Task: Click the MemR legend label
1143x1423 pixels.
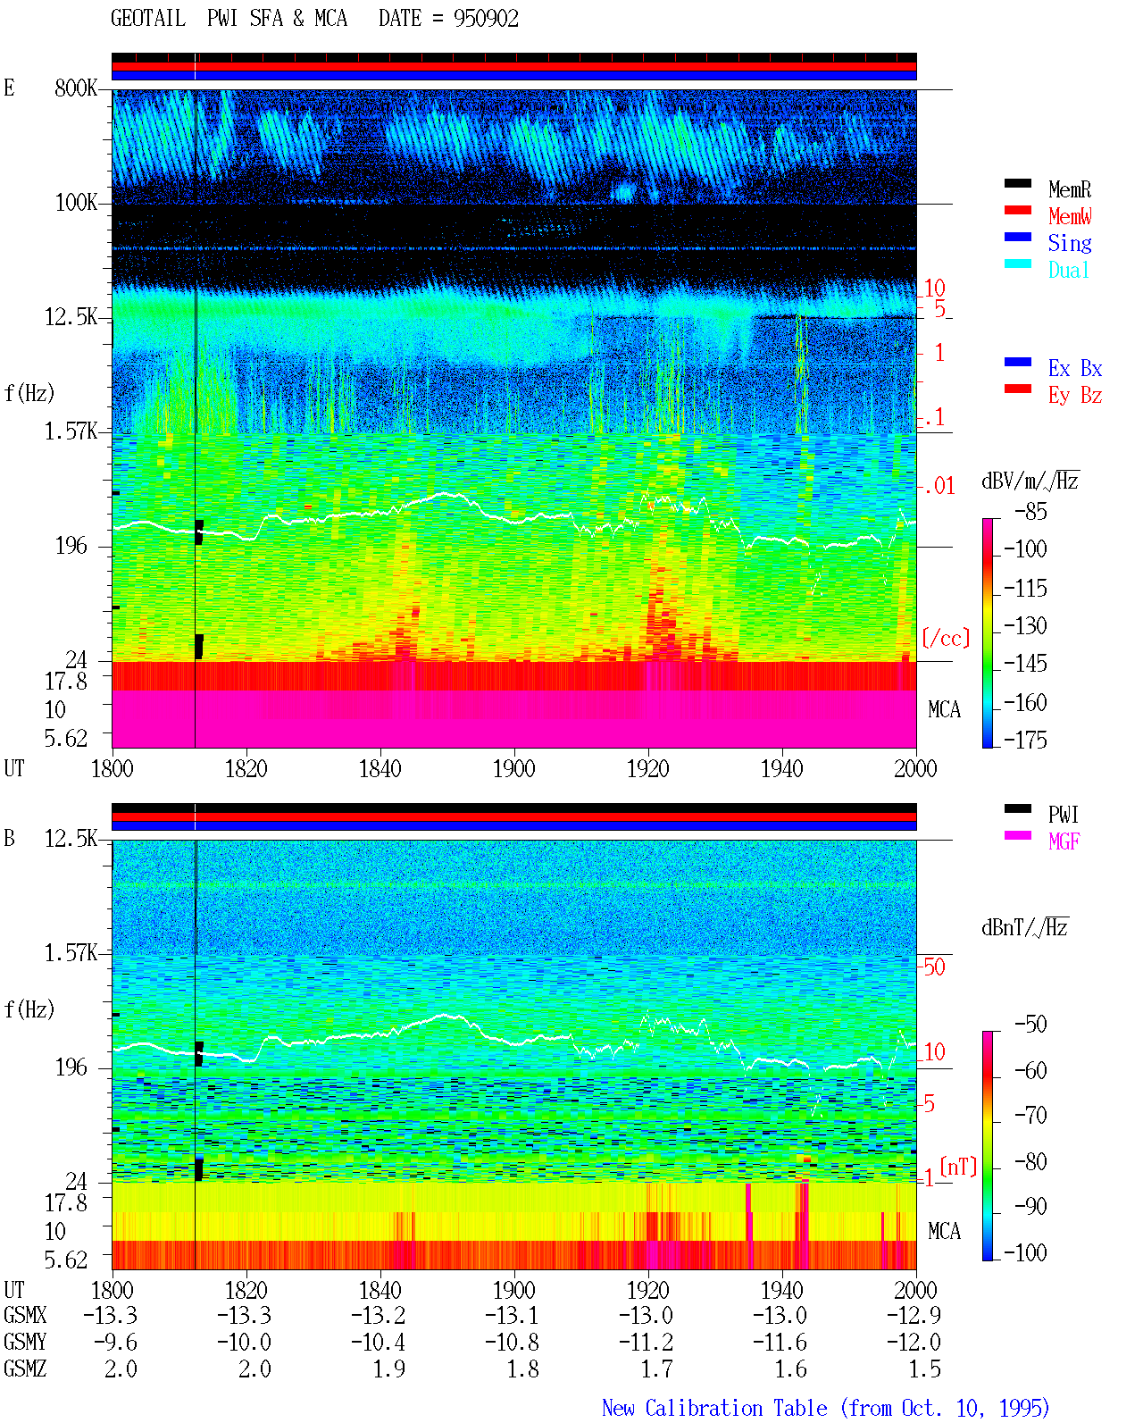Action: [x=1068, y=189]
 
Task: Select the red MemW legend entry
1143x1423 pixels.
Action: [x=1069, y=216]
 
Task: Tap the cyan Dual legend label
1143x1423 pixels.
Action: [x=1068, y=270]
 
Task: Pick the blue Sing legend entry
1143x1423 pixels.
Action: [x=1069, y=243]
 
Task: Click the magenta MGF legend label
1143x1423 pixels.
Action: [x=1063, y=841]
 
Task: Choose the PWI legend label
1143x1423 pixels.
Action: [x=1063, y=815]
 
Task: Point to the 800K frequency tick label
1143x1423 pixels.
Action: [x=76, y=88]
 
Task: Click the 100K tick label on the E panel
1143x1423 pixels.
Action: [x=76, y=203]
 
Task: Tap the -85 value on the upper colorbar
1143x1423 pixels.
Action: [x=1030, y=512]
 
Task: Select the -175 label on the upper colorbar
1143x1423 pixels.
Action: [x=1025, y=740]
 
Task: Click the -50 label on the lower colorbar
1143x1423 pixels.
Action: [x=1030, y=1025]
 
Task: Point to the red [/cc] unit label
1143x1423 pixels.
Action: [x=946, y=638]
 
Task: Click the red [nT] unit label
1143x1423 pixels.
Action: [x=958, y=1167]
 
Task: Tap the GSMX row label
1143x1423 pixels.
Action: [x=25, y=1315]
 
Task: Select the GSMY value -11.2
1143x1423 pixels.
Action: [x=646, y=1343]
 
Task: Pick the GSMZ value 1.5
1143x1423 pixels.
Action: [x=924, y=1369]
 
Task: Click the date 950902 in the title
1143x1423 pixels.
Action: [x=486, y=19]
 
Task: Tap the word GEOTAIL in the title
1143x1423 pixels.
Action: [x=148, y=19]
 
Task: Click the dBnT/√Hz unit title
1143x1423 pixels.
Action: [x=1024, y=928]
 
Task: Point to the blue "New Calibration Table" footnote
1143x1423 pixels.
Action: [x=714, y=1408]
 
